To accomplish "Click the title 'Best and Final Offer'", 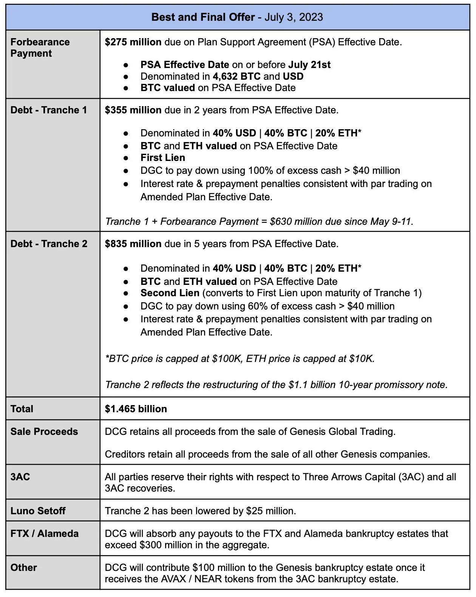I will point(203,17).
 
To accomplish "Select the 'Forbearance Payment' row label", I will point(40,48).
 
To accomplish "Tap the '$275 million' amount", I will point(133,42).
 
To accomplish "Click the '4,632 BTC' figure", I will point(236,76).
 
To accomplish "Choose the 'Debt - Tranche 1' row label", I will point(49,110).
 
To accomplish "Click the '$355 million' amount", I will point(133,110).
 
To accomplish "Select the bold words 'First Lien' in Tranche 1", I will point(163,158).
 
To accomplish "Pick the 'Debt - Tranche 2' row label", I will point(49,244).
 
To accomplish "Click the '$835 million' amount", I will point(133,244).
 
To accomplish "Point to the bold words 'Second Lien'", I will point(170,293).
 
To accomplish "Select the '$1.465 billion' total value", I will point(136,409).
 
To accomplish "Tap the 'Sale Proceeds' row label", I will point(44,432).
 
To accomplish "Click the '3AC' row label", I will point(20,477).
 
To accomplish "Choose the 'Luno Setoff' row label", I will point(38,511).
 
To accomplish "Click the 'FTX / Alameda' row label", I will point(45,534).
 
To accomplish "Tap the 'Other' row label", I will point(24,568).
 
